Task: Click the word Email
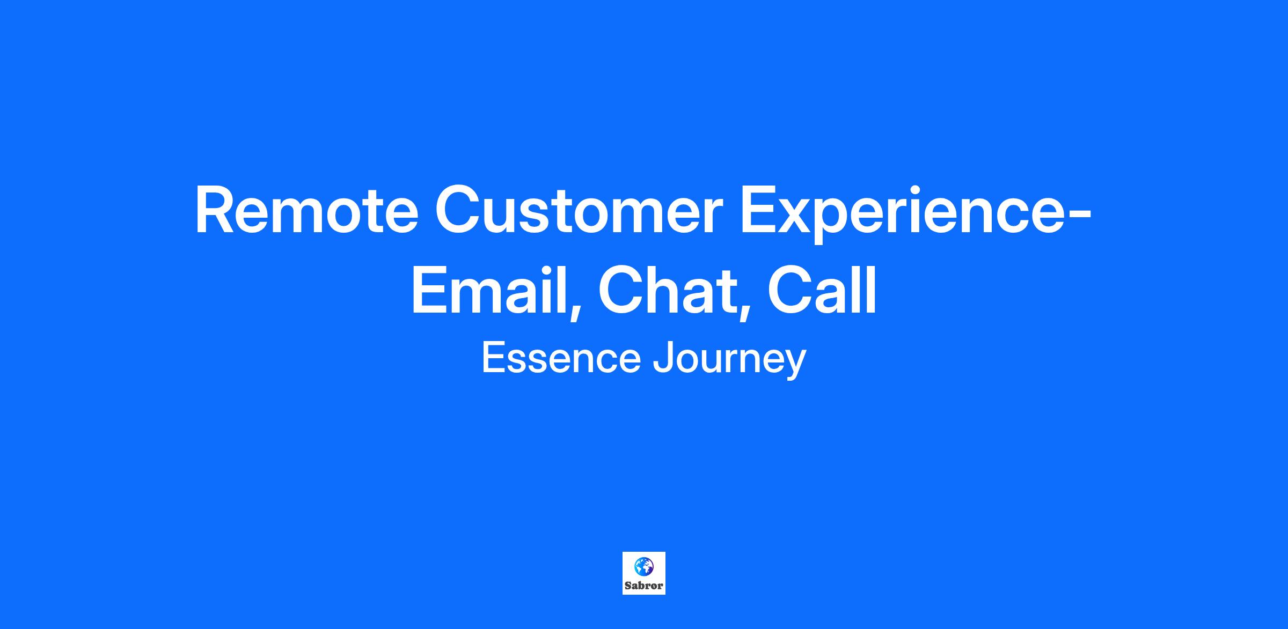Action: [489, 290]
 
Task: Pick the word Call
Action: [822, 290]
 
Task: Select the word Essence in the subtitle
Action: [561, 358]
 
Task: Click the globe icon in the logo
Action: [643, 565]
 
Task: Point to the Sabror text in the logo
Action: [644, 585]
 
